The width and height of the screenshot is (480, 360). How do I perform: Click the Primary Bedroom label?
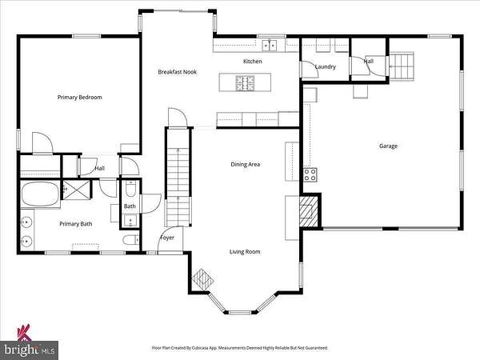coord(79,98)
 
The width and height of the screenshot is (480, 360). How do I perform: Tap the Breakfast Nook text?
coord(178,72)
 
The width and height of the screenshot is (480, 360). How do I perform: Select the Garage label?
coord(388,146)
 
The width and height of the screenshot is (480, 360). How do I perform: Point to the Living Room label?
coord(245,252)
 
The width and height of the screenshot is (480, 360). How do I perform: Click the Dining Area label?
coord(246,164)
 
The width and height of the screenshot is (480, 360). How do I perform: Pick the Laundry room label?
coord(326,66)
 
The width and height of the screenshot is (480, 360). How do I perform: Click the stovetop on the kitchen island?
coord(245,83)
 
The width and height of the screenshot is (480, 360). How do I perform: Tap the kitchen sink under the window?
coord(270,46)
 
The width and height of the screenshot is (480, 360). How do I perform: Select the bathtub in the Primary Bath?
coord(41,194)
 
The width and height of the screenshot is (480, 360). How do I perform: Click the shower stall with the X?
coord(77,190)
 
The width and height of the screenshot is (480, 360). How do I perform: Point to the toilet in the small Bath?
coord(130,189)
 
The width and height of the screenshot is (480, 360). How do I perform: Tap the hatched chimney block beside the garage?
coord(310,211)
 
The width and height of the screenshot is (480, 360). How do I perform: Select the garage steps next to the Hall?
coord(402,66)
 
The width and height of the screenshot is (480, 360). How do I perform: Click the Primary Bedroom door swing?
coord(42,142)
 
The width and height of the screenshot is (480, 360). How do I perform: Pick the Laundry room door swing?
coord(310,69)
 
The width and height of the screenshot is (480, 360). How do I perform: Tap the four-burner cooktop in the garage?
coord(310,175)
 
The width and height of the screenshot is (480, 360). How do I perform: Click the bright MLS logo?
coord(30,343)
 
